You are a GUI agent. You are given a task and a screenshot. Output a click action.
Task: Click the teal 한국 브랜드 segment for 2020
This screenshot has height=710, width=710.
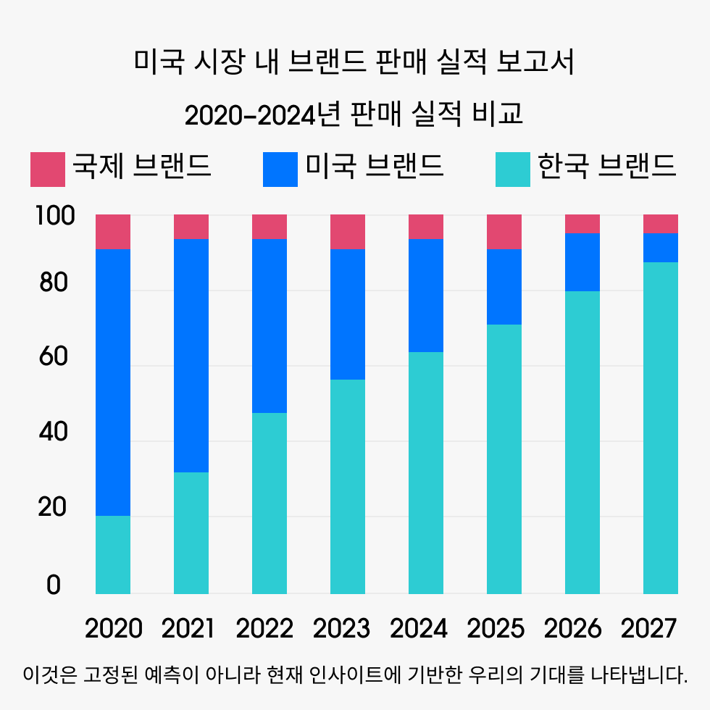tap(113, 554)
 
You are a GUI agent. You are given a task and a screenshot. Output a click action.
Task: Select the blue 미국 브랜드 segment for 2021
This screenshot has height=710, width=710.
tap(191, 355)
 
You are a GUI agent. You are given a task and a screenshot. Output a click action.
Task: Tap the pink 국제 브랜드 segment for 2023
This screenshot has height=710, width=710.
tap(348, 231)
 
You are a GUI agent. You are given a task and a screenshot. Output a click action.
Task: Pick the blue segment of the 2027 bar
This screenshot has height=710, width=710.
tap(661, 247)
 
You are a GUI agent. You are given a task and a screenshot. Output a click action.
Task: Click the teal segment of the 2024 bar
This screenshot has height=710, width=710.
tap(426, 472)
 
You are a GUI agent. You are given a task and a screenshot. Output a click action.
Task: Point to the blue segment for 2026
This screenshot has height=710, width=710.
tap(582, 262)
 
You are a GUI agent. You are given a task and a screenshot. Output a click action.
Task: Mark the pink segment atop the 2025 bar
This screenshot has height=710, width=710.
tap(504, 231)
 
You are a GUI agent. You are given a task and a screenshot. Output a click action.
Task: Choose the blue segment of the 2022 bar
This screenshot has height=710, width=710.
tap(270, 325)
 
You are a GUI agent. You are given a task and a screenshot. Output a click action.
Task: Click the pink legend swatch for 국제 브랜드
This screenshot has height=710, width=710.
tap(48, 169)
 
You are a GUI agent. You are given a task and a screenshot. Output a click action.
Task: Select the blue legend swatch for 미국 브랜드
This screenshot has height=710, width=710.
tap(280, 169)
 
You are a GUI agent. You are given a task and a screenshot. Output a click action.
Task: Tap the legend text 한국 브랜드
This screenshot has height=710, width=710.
tap(606, 167)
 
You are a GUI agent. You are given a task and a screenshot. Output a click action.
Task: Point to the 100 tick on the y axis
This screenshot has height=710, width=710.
tap(54, 216)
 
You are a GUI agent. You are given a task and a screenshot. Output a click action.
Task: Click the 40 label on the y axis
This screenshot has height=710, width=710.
tap(53, 433)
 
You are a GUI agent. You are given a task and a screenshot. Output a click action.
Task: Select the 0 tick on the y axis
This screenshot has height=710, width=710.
tap(54, 585)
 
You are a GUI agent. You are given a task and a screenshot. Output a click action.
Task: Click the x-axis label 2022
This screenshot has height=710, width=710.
tap(264, 628)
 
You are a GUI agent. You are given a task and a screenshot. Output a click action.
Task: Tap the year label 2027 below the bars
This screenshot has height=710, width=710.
tap(648, 628)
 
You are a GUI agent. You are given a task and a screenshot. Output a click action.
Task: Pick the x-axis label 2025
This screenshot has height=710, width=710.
tap(495, 628)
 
